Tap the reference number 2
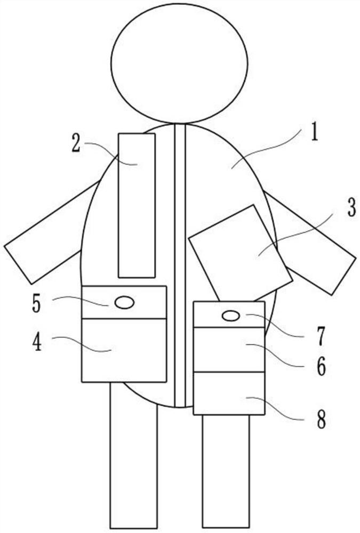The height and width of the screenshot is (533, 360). click(x=77, y=144)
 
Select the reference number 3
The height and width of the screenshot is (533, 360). click(x=350, y=209)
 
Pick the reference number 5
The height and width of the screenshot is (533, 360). click(x=36, y=303)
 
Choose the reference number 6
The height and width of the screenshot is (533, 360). click(x=321, y=367)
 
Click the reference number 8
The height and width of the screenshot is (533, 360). click(x=321, y=420)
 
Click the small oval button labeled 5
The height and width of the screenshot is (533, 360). click(x=125, y=303)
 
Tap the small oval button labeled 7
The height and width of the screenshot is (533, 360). click(x=230, y=316)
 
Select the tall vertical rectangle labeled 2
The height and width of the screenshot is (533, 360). click(x=137, y=205)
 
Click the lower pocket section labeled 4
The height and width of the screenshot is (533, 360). click(x=124, y=350)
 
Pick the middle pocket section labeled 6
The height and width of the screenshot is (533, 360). click(x=229, y=350)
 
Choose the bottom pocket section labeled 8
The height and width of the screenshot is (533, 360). click(x=229, y=393)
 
